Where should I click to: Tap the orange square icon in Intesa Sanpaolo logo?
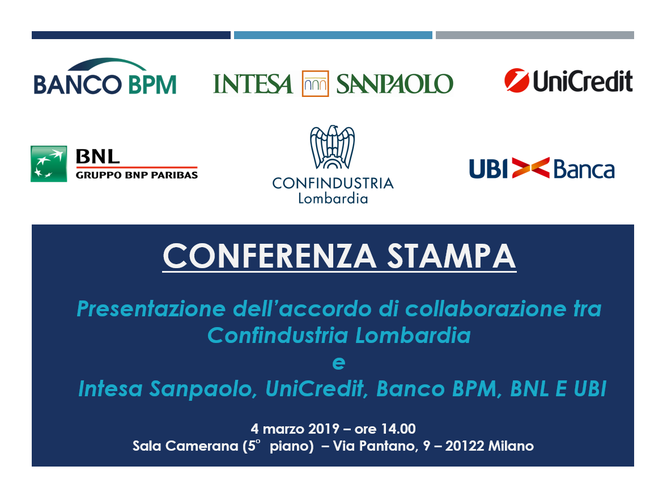coord(315,83)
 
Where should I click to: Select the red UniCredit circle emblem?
coord(517,80)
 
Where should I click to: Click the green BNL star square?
coord(49,164)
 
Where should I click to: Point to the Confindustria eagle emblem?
coord(333,147)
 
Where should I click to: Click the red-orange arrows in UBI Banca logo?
coord(530,168)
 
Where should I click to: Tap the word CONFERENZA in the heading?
coord(270,256)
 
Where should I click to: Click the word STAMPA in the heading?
coord(451,256)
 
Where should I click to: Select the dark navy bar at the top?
coord(131,35)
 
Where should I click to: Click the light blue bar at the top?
coord(333,35)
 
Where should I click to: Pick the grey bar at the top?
coord(535,35)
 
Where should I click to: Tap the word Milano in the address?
coord(511,446)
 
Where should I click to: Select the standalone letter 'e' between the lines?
coord(339,363)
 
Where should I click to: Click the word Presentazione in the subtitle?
coord(151,309)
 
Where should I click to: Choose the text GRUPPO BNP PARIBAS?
coord(137,175)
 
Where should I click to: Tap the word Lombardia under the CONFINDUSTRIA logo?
coord(333,198)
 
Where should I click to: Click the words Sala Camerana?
coord(185,446)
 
